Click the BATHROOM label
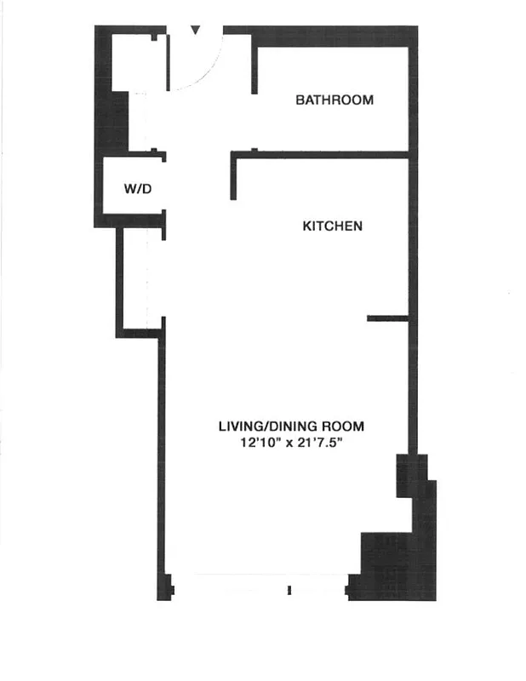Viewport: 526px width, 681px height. point(334,100)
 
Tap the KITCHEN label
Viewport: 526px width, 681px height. point(333,226)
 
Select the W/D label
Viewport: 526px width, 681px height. point(138,189)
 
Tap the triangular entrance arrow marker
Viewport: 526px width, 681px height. point(196,31)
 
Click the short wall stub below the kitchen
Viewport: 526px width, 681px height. point(387,318)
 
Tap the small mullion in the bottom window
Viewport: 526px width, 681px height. point(289,589)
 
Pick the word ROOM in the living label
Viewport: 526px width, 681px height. point(351,426)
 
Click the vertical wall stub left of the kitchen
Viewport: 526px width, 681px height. point(232,176)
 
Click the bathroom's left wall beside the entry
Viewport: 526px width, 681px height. point(254,64)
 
